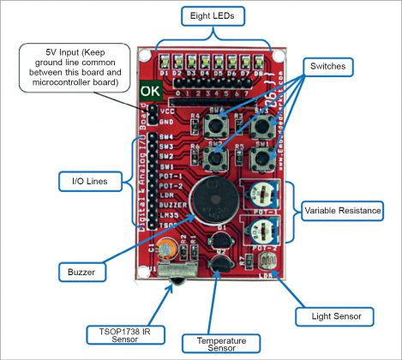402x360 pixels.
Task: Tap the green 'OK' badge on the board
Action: coord(148,89)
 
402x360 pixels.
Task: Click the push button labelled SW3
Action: coord(262,126)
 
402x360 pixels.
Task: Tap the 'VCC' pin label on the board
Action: coord(167,111)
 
